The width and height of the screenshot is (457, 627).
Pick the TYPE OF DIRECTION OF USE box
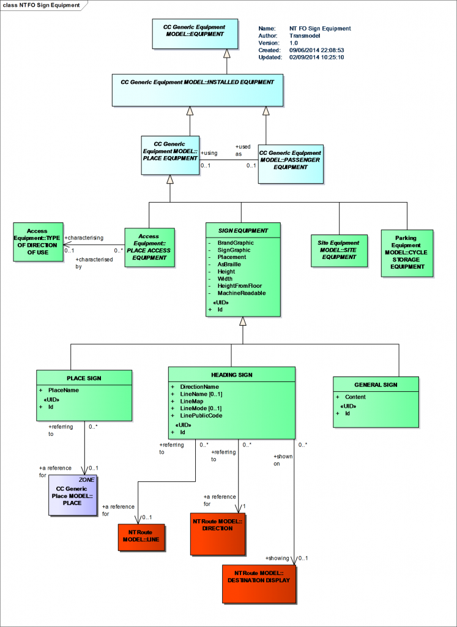pos(37,241)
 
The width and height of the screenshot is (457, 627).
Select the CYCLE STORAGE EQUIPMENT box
pos(406,253)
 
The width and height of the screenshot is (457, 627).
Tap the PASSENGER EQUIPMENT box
pos(290,163)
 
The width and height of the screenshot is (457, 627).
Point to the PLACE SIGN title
pos(84,378)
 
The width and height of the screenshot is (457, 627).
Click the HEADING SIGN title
pos(231,375)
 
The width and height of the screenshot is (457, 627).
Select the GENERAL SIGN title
pos(376,385)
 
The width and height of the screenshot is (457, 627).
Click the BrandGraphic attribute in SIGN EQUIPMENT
pos(236,243)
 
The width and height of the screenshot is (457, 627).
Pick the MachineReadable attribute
pos(241,293)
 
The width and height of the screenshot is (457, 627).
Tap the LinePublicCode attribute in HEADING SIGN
pos(201,416)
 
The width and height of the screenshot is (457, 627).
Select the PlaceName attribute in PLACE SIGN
pos(64,390)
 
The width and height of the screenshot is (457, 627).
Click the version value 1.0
pos(294,43)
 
